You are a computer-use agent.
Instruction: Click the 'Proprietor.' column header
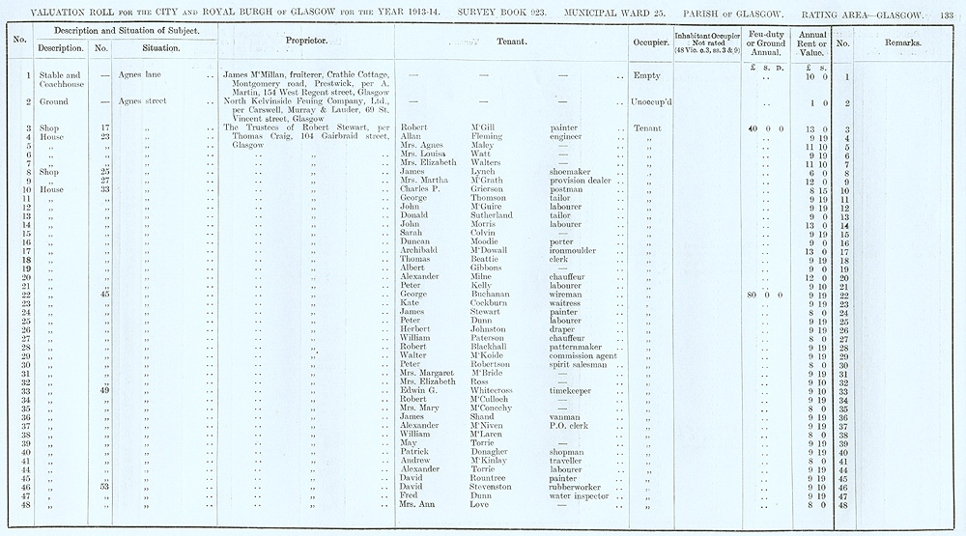click(306, 42)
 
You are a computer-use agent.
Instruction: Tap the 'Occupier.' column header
click(644, 42)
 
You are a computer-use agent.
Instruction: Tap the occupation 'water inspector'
click(582, 496)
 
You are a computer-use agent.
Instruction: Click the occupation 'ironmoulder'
click(578, 250)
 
